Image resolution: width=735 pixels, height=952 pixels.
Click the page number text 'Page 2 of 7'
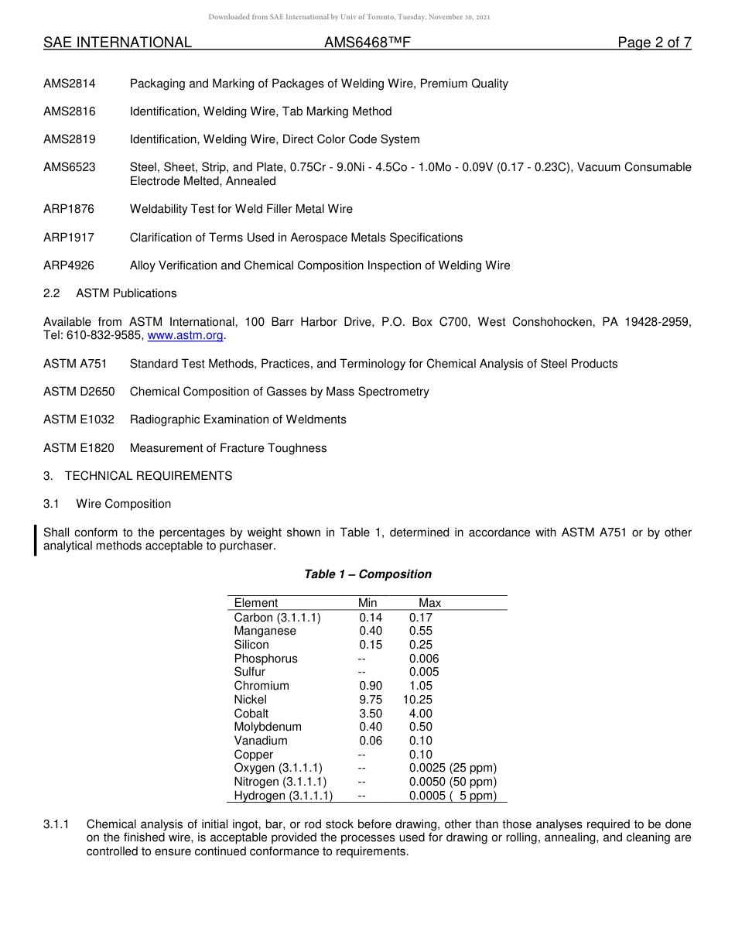pyautogui.click(x=654, y=43)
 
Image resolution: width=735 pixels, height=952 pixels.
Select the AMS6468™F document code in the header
pyautogui.click(x=367, y=43)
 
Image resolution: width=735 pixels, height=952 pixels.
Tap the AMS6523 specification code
pyautogui.click(x=70, y=167)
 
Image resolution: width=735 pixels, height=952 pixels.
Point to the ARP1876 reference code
pyautogui.click(x=69, y=209)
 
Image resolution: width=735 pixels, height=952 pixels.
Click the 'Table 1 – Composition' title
pyautogui.click(x=367, y=574)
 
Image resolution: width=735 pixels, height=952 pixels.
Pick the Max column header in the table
pyautogui.click(x=429, y=603)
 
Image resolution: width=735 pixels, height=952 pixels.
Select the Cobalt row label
pyautogui.click(x=251, y=714)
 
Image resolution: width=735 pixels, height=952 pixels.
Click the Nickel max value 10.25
pyautogui.click(x=418, y=700)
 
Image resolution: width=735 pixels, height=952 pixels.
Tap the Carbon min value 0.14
pyautogui.click(x=370, y=618)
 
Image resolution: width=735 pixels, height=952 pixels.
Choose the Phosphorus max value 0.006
pyautogui.click(x=424, y=659)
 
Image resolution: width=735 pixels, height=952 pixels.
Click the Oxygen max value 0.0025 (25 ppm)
pyautogui.click(x=453, y=768)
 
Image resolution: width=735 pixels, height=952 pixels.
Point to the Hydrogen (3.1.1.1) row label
pyautogui.click(x=283, y=796)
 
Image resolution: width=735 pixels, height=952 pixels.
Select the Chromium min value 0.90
pyautogui.click(x=370, y=686)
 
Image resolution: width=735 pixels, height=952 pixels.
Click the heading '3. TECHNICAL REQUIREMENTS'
pyautogui.click(x=138, y=476)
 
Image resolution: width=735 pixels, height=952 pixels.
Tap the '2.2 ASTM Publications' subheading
pyautogui.click(x=110, y=293)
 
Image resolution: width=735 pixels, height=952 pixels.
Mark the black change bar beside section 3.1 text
pyautogui.click(x=36, y=539)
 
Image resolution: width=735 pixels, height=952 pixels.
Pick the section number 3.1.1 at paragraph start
pyautogui.click(x=56, y=824)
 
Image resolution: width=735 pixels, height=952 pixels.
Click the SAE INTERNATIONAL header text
pyautogui.click(x=117, y=43)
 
